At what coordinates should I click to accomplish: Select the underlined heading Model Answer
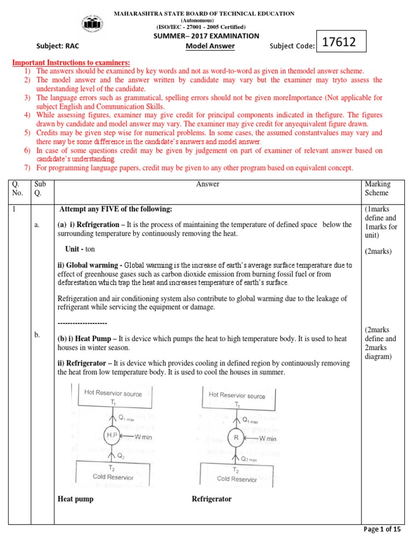coord(210,46)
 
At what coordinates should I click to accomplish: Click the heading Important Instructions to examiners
coord(71,63)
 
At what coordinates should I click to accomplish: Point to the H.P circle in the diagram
coord(111,435)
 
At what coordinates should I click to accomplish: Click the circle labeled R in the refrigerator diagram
coord(236,438)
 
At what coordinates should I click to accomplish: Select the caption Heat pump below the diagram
coord(75,499)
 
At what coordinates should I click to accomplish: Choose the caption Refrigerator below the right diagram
coord(212,499)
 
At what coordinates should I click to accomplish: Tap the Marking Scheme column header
coord(378,188)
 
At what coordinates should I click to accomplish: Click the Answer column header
coord(208,184)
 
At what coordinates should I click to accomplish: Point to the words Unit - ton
coord(80,250)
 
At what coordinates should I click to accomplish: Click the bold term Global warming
coord(89,265)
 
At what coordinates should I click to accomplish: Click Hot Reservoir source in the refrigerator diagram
coord(237,395)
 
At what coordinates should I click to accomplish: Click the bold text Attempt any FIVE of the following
coord(116,209)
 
